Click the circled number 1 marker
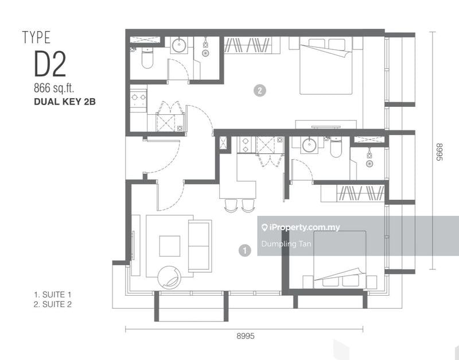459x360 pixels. coord(245,250)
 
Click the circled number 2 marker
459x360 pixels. coord(260,90)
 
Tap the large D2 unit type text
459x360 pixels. coord(50,64)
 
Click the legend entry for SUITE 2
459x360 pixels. coord(53,305)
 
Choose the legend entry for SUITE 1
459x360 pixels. coord(53,295)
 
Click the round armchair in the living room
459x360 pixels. coord(170,278)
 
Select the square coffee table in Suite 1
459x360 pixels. coord(169,246)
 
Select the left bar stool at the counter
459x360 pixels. coord(230,204)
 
